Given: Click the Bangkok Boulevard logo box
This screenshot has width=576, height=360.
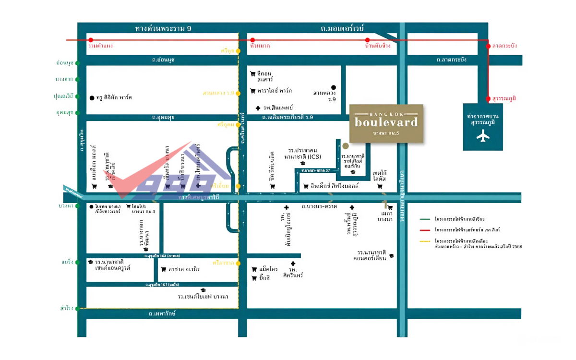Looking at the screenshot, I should coord(386,123).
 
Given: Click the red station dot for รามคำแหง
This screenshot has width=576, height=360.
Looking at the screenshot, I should coord(90,40).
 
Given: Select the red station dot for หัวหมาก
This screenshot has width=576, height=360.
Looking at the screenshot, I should coord(253,40).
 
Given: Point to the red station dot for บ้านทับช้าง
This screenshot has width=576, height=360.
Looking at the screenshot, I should coord(367,40).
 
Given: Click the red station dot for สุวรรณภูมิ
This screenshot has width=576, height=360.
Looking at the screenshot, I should coord(489,98).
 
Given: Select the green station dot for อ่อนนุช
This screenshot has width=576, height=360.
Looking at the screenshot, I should coord(77,63).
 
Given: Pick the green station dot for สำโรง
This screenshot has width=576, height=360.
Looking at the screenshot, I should coord(77,308).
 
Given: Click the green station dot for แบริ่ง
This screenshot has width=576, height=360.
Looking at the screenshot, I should coord(77,263).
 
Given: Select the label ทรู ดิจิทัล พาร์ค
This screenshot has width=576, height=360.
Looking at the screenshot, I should coord(114,97).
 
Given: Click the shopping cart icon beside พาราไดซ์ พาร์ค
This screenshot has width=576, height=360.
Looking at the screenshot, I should coord(252,91).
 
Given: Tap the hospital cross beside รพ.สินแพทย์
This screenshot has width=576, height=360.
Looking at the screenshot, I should coord(258,108).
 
